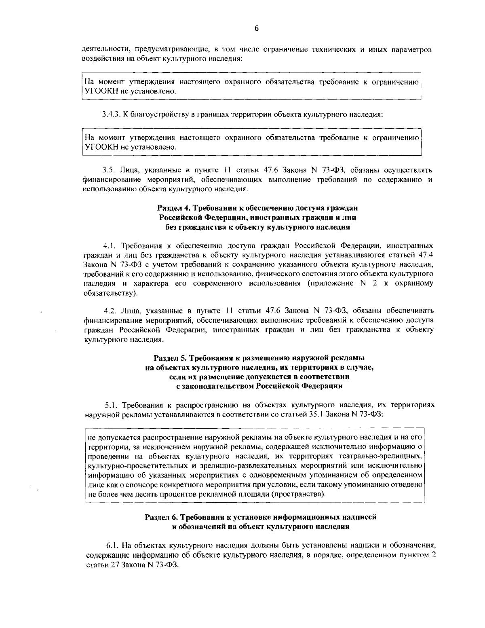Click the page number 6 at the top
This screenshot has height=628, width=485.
256,28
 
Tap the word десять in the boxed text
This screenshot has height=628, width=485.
159,494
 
